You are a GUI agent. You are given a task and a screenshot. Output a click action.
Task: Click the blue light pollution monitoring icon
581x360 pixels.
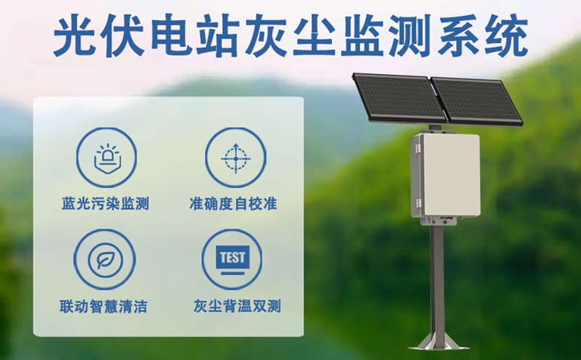pyautogui.click(x=106, y=157)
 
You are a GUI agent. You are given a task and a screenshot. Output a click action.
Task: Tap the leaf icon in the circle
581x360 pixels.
pyautogui.click(x=106, y=259)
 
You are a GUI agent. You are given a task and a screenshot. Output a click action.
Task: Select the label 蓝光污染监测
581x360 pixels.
pyautogui.click(x=106, y=204)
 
